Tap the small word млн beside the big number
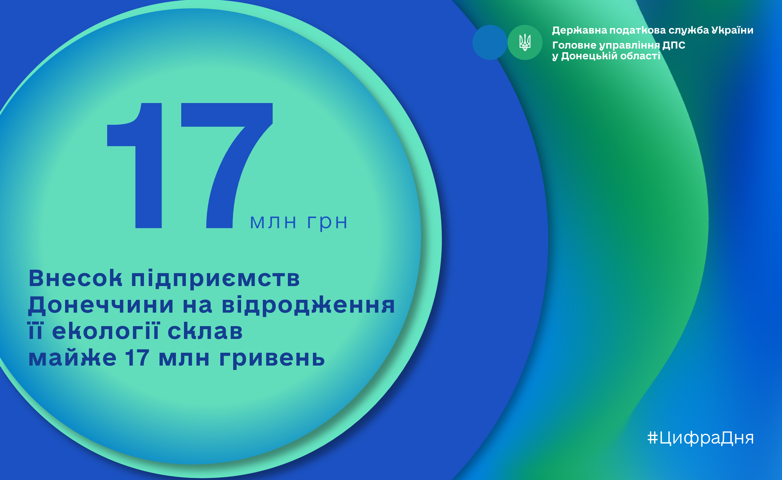click(273, 222)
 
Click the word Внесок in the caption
click(75, 278)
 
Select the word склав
click(205, 331)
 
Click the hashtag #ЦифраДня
click(700, 438)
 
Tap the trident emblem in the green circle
click(525, 42)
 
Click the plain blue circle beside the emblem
click(490, 42)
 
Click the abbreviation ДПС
click(674, 45)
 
